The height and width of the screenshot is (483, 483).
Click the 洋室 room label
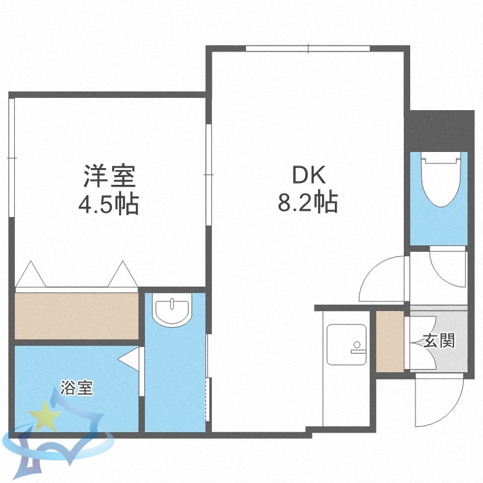tap(108, 176)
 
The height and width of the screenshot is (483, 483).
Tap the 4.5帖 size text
tap(108, 205)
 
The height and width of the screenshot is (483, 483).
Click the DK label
tap(310, 175)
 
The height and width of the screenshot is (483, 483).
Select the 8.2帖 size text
tap(308, 204)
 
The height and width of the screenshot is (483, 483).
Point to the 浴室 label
tap(77, 388)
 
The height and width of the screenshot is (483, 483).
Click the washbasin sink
tap(172, 312)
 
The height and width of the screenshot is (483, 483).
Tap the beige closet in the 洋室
tap(76, 315)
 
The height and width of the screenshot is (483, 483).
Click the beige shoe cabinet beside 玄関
tap(390, 341)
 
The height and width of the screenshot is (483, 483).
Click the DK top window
tap(308, 48)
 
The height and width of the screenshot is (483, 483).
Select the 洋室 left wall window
tap(11, 158)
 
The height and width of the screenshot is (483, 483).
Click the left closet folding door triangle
tap(31, 276)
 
